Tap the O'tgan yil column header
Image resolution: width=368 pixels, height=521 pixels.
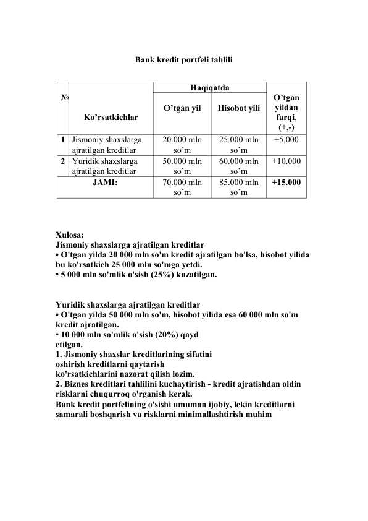click(x=182, y=109)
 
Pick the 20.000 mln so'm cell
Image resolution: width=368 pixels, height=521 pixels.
click(x=182, y=144)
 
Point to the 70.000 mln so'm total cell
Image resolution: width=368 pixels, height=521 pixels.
click(x=182, y=187)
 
